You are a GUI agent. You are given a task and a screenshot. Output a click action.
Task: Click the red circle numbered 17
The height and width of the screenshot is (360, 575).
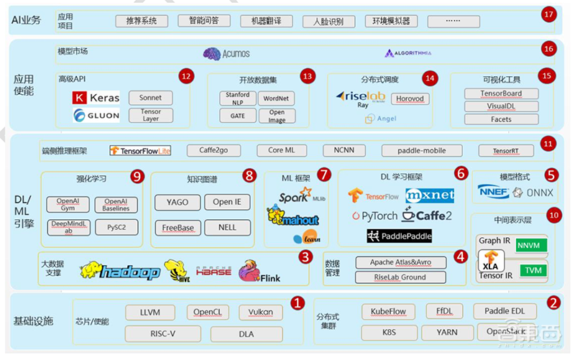pos(548,14)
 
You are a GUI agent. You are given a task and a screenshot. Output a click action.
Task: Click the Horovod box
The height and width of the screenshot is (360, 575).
pos(410,98)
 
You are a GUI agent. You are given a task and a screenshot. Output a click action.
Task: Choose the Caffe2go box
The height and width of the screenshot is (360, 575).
pos(213,150)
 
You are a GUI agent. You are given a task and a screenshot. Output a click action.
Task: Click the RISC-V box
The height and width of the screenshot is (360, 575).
pos(163,333)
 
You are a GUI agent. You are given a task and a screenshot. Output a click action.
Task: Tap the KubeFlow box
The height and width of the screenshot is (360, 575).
pos(388,312)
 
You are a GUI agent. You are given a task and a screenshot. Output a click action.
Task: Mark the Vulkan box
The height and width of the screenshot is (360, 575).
pos(261,312)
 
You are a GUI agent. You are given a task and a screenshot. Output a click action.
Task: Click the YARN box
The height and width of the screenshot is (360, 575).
pos(447,333)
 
